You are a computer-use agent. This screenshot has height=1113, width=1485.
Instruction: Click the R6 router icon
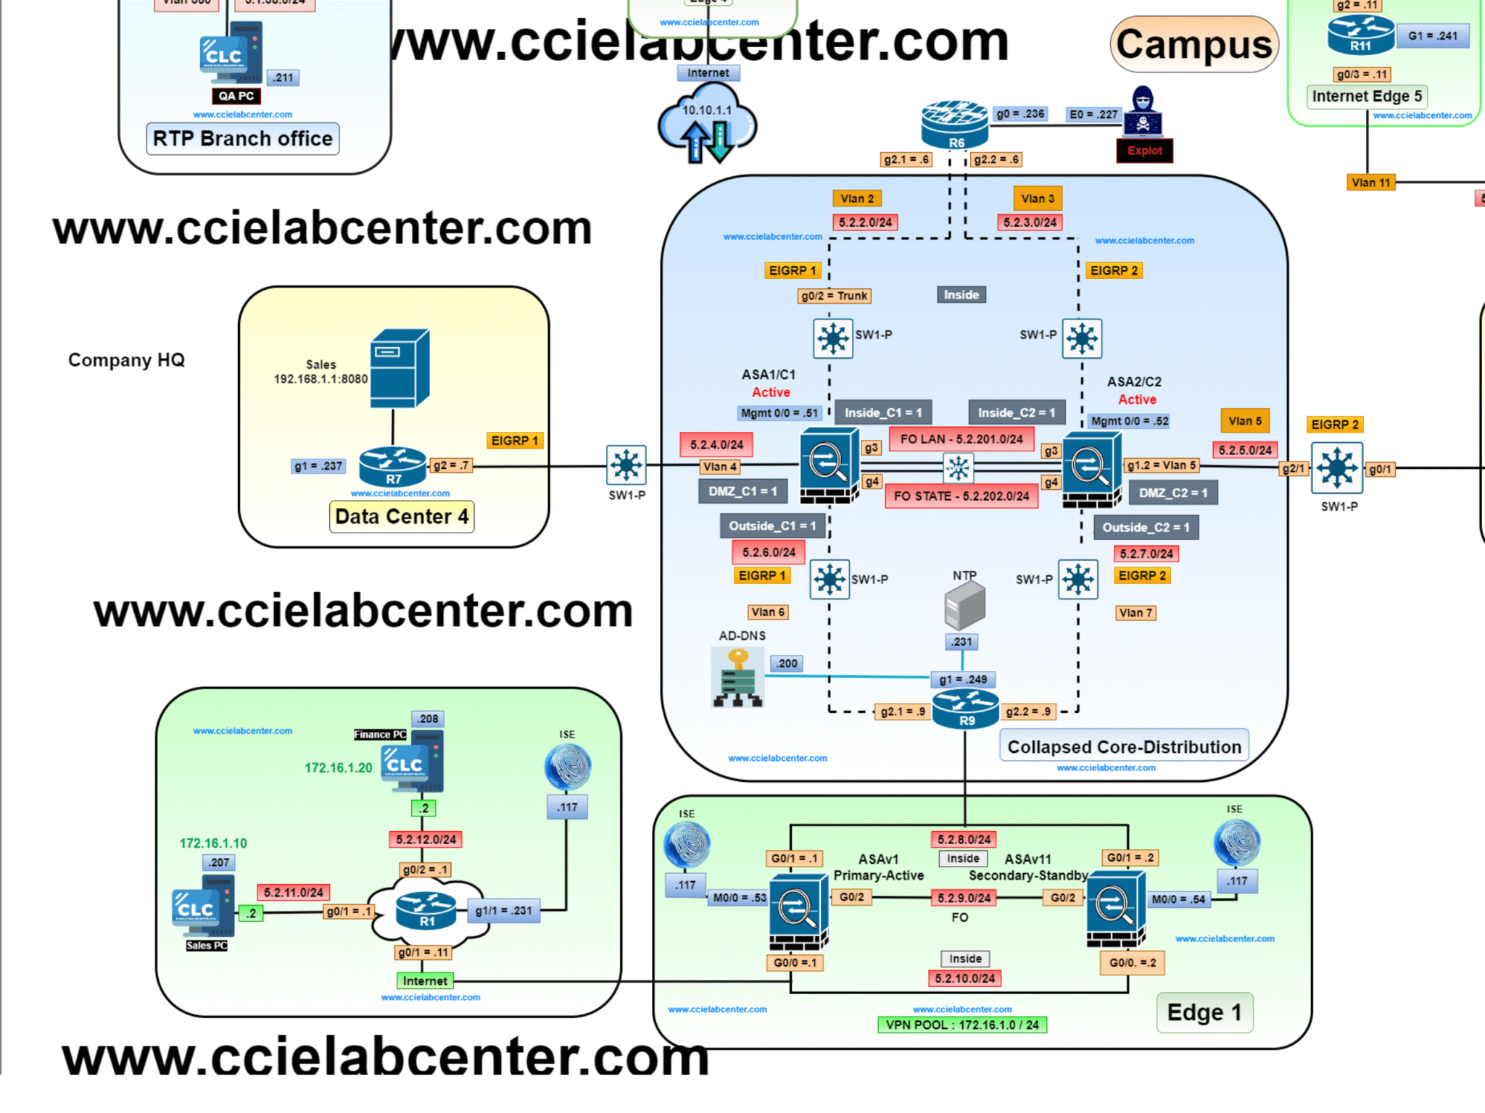pyautogui.click(x=954, y=124)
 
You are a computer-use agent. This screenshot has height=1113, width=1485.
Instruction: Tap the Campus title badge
pyautogui.click(x=1194, y=44)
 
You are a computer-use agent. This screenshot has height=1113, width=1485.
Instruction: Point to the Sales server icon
pyautogui.click(x=400, y=368)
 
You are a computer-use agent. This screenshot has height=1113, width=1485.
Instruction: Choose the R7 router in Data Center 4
pyautogui.click(x=393, y=465)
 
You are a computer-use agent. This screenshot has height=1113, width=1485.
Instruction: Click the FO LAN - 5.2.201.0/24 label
pyautogui.click(x=961, y=439)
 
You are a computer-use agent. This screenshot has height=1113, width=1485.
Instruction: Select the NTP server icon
pyautogui.click(x=964, y=606)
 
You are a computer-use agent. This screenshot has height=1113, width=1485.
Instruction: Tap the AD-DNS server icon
pyautogui.click(x=737, y=677)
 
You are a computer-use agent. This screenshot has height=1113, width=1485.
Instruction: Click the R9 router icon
pyautogui.click(x=966, y=708)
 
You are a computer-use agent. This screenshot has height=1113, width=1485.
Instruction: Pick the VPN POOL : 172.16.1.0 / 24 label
pyautogui.click(x=961, y=1025)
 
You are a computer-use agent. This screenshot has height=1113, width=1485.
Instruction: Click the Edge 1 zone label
pyautogui.click(x=1204, y=1012)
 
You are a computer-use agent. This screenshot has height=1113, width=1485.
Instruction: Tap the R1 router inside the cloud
pyautogui.click(x=426, y=910)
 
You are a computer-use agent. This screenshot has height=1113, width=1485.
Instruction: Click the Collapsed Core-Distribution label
pyautogui.click(x=1124, y=746)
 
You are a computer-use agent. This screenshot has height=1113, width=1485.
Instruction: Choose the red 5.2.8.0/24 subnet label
pyautogui.click(x=964, y=839)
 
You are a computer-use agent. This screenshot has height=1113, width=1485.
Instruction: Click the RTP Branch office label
pyautogui.click(x=242, y=138)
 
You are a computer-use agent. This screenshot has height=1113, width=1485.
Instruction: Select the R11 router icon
pyautogui.click(x=1360, y=35)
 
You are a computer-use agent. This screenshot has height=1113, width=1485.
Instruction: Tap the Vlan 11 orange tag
pyautogui.click(x=1370, y=183)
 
